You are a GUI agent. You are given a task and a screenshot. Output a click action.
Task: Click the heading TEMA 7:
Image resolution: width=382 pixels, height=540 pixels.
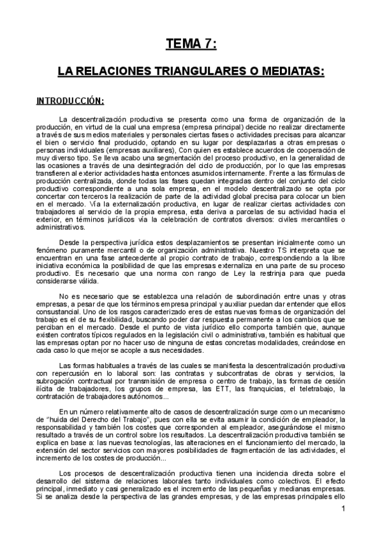coord(191,44)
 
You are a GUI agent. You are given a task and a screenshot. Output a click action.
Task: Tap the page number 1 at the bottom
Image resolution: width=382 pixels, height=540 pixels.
coord(342,526)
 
